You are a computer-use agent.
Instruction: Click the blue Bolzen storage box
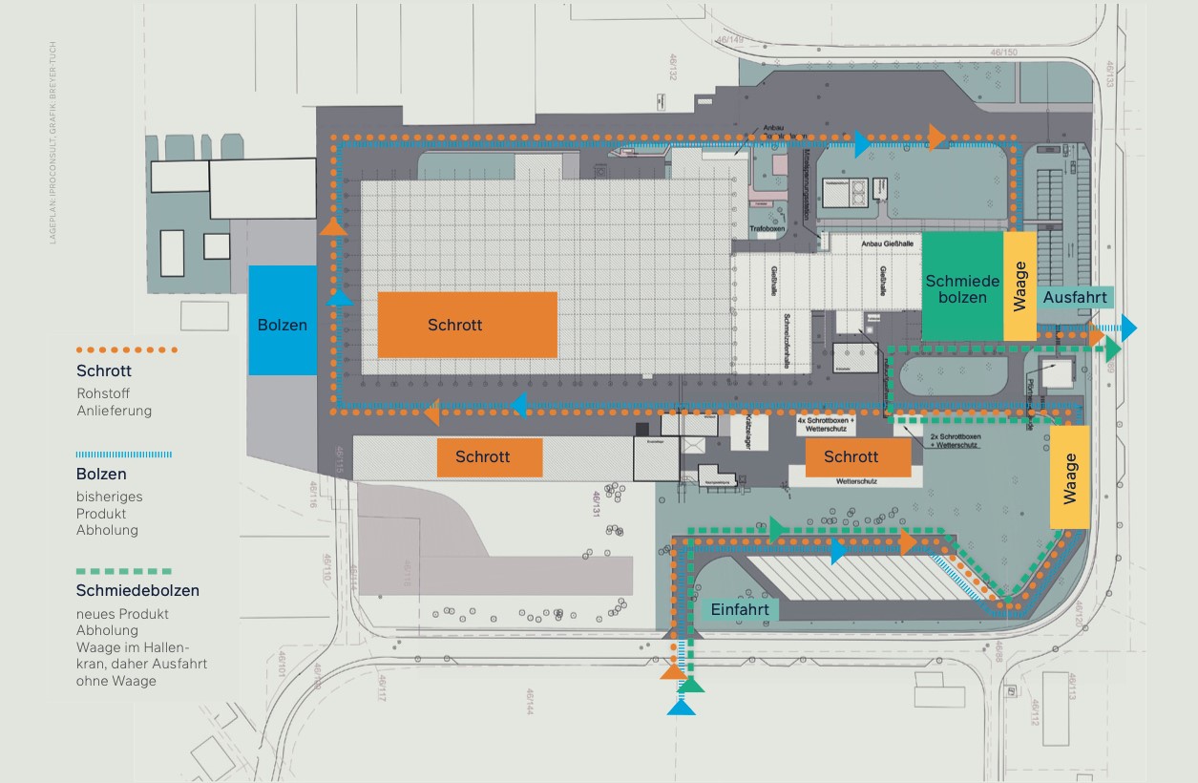point(283,320)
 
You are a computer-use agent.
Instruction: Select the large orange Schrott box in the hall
point(467,325)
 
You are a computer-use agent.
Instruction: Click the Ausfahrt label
point(1075,298)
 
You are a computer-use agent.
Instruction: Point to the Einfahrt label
point(740,609)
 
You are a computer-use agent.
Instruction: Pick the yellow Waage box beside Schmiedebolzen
point(1019,286)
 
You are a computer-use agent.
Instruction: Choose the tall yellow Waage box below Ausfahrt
point(1070,476)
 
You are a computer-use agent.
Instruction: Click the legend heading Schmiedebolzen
point(137,590)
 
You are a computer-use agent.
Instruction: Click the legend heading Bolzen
point(101,474)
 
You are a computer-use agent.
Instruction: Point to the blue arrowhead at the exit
point(1129,328)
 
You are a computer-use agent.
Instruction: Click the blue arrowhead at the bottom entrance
point(682,707)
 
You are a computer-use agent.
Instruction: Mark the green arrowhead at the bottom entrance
point(692,684)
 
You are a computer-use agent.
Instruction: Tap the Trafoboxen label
point(767,229)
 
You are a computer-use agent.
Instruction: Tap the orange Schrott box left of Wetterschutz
point(857,457)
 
